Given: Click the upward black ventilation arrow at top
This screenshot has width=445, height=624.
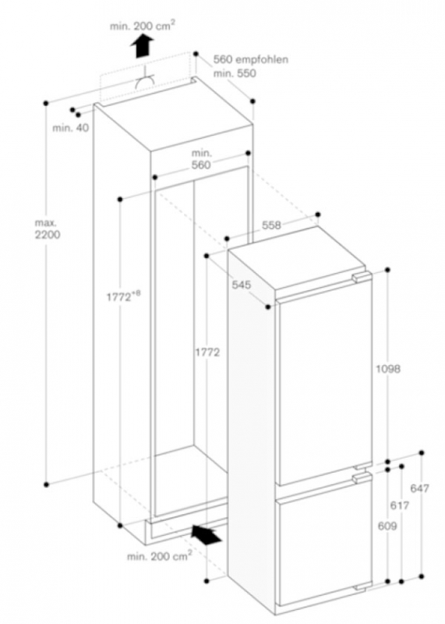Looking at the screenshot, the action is [x=143, y=45].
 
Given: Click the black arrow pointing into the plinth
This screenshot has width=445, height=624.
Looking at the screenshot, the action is [x=206, y=534].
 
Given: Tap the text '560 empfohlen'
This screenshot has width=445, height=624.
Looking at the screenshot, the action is [x=251, y=60].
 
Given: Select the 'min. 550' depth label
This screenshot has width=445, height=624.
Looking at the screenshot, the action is [x=235, y=73].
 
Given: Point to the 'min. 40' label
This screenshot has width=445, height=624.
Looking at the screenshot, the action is [x=71, y=128].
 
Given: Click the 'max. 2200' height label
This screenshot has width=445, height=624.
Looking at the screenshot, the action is [x=48, y=229].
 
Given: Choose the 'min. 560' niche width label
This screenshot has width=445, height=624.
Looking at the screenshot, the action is [x=201, y=159].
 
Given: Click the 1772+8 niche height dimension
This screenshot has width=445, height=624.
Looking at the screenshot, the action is [x=123, y=296].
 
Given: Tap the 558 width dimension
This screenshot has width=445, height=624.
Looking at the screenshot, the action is [x=271, y=225].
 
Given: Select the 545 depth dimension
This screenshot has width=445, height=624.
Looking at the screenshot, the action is [x=242, y=285].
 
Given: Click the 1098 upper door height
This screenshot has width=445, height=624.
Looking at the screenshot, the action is [x=388, y=369].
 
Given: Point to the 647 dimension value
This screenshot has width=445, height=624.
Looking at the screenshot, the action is [x=419, y=488].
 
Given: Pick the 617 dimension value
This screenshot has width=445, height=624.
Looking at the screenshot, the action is [x=399, y=505].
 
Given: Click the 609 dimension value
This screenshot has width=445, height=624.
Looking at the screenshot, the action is [x=387, y=526].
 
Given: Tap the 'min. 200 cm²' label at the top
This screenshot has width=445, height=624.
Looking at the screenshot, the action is [x=143, y=26].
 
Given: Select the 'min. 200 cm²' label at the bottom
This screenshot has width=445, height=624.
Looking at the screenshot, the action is [x=160, y=555].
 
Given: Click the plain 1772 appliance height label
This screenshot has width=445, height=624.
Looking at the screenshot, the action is [x=207, y=353].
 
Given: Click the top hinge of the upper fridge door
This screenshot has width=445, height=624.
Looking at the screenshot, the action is [x=361, y=278].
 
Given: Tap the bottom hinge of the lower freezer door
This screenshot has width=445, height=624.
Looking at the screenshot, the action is [x=362, y=587].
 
